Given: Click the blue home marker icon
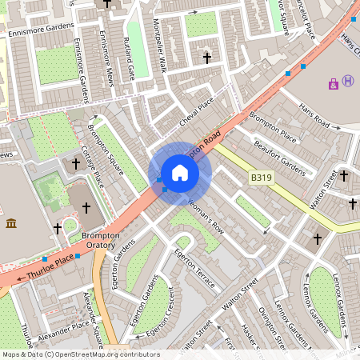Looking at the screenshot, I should [180, 173].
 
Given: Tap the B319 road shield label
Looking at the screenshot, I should [261, 178].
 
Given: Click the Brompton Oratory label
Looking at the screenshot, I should [99, 241].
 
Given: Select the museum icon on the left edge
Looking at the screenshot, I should [11, 222].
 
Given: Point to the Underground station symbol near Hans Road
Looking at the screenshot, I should [348, 81].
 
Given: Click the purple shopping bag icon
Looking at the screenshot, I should [333, 83].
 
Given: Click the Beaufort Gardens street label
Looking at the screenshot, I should [279, 158].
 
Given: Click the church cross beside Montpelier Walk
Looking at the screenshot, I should [207, 58].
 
